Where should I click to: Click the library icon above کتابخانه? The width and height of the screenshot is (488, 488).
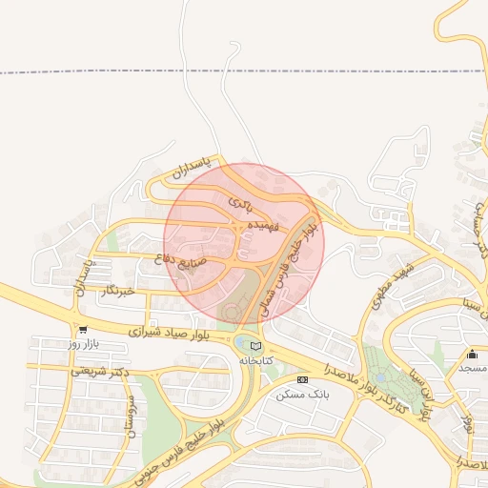point(254,345)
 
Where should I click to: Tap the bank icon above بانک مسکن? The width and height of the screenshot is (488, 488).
point(302,379)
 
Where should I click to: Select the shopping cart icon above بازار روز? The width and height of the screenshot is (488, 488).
point(84,330)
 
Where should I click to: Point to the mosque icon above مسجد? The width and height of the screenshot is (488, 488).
point(471,355)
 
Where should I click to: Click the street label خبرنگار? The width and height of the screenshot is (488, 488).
point(125,289)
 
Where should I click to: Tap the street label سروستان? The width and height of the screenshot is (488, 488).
point(125,417)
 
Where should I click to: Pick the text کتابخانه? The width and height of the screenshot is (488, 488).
point(255,361)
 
